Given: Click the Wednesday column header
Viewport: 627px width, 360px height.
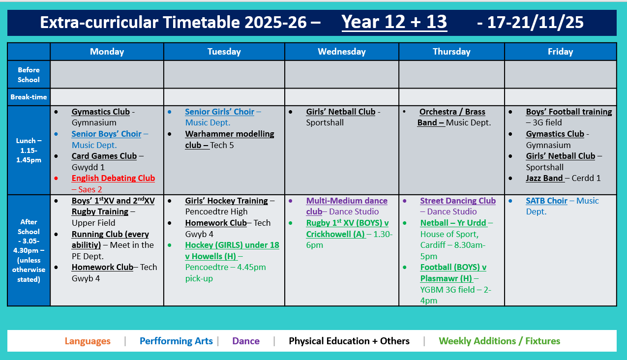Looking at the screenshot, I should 341,52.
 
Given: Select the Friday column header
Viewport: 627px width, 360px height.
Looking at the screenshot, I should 560,52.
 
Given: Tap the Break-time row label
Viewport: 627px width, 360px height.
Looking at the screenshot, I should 29,97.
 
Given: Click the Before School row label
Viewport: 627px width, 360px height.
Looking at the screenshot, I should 29,75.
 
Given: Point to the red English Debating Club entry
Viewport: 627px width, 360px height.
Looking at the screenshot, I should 113,179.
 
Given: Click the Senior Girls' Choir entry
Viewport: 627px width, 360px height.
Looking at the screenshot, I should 219,112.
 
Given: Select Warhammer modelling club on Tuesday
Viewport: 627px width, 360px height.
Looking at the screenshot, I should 229,134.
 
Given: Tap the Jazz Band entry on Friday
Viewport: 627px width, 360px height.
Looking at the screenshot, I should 544,179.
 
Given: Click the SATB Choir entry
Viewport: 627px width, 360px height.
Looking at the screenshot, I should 546,201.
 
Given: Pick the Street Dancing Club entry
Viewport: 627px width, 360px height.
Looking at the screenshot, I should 457,201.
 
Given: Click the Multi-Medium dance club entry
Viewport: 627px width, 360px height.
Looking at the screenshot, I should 346,201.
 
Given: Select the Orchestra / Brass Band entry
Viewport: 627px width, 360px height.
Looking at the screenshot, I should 451,112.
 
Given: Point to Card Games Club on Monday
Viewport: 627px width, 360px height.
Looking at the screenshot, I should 104,156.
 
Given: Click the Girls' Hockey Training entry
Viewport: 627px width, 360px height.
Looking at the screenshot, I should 226,201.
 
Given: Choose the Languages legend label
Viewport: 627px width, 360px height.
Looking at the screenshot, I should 88,341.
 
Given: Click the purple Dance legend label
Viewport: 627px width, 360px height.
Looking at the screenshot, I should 246,341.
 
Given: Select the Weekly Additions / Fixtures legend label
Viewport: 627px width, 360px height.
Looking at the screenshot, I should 499,341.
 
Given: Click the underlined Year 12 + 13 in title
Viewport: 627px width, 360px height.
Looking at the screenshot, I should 394,22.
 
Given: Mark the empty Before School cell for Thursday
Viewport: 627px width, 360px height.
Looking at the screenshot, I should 451,74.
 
